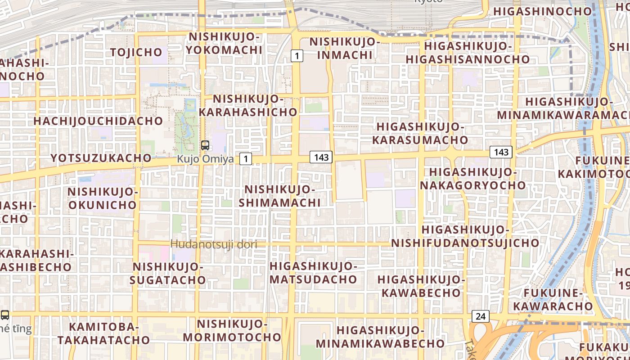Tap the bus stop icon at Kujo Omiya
click(205, 145)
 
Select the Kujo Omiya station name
click(205, 159)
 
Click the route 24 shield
click(480, 316)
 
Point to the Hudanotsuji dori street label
click(214, 244)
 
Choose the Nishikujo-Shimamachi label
click(279, 196)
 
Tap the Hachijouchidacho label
click(98, 121)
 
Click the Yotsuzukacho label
click(101, 158)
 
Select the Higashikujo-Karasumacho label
click(420, 133)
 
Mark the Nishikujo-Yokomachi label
click(224, 43)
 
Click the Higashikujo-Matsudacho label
click(313, 273)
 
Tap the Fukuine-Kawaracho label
click(553, 300)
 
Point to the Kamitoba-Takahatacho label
click(103, 333)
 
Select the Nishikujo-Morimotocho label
click(232, 330)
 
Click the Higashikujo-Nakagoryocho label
click(472, 178)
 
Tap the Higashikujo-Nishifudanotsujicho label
click(465, 236)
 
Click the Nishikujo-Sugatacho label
click(168, 274)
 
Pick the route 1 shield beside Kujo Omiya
click(245, 158)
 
